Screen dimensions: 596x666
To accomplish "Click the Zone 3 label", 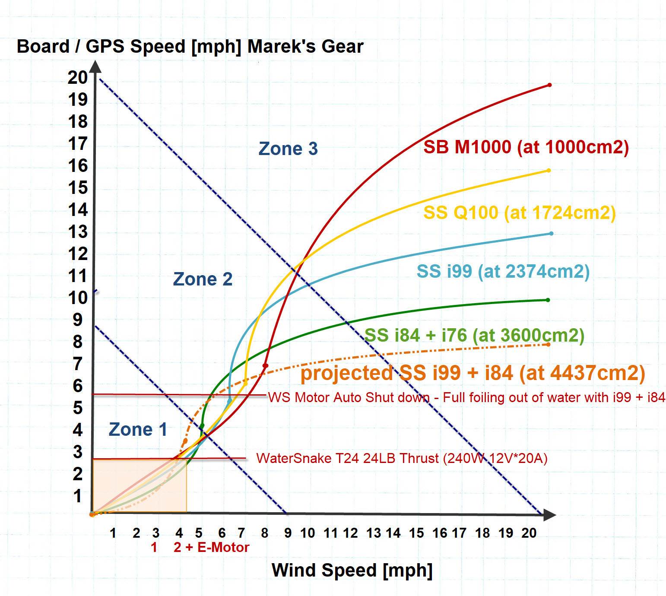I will (288, 149).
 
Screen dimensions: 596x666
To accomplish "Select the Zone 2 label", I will (203, 279).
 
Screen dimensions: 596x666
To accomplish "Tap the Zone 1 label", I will (138, 429).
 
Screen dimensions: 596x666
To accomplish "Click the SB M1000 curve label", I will (526, 147).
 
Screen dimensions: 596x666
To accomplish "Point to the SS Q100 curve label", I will (519, 212).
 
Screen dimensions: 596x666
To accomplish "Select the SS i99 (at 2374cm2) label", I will (503, 271).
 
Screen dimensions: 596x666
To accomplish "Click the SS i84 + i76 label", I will (474, 335).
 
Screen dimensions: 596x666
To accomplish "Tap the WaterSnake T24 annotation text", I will (402, 458).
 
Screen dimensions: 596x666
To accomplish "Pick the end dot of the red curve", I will (549, 85).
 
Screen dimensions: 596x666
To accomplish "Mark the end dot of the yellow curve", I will (549, 171).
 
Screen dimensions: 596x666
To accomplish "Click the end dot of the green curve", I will (548, 300).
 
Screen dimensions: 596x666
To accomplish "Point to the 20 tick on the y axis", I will (78, 77).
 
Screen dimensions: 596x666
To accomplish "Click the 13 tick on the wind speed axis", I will (374, 533).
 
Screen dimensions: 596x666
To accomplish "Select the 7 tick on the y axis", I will (78, 364).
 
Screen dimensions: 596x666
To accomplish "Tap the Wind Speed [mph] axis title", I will (352, 570).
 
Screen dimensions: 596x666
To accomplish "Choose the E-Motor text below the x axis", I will (223, 547).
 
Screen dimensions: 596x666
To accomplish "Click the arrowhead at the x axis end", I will (549, 514).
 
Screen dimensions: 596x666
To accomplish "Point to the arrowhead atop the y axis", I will (95, 67).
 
